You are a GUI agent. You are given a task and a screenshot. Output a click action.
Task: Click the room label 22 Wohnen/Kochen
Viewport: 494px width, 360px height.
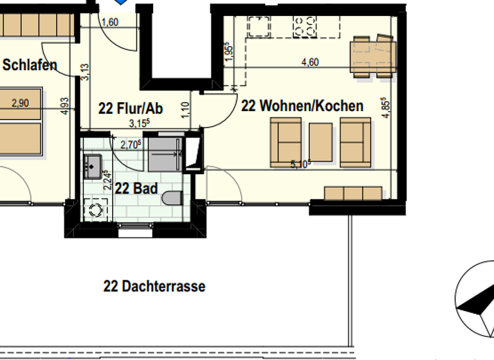tap(302, 106)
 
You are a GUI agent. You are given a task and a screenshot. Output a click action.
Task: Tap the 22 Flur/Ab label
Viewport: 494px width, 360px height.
tap(130, 109)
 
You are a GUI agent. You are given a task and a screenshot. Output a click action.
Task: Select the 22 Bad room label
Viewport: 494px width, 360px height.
tap(133, 188)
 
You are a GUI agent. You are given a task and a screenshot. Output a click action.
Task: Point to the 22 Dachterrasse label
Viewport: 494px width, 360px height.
tap(154, 286)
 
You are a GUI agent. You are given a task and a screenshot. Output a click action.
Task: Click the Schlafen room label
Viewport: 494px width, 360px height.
tap(30, 65)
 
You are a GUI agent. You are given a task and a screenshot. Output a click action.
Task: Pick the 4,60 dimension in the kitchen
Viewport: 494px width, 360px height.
tap(310, 62)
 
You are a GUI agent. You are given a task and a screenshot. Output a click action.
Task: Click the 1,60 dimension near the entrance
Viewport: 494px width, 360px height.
tap(110, 22)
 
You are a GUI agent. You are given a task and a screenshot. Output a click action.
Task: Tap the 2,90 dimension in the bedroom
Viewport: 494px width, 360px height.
tap(21, 102)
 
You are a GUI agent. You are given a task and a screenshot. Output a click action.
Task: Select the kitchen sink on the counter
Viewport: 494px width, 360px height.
tap(261, 26)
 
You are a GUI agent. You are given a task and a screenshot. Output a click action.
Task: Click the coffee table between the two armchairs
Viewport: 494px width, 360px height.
tap(320, 142)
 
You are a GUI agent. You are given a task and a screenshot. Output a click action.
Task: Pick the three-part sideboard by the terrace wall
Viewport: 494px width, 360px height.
tap(353, 194)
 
